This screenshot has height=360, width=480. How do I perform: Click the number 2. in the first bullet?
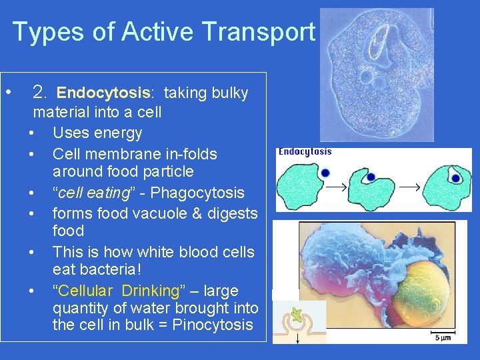point(41,92)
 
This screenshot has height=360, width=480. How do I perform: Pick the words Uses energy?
point(97,133)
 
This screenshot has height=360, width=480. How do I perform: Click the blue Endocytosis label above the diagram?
point(305,151)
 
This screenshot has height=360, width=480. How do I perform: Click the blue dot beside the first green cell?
point(325,172)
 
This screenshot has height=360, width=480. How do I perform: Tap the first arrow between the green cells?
point(344,187)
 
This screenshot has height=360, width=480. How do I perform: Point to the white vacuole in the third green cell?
point(455,178)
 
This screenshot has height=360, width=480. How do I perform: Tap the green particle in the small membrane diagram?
point(297,311)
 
